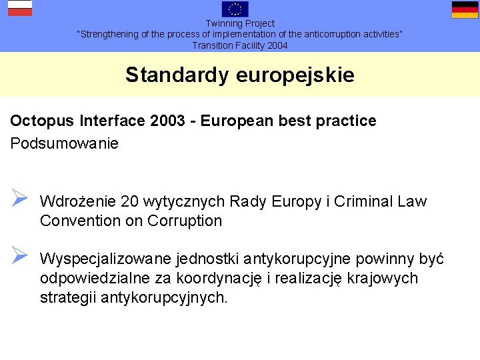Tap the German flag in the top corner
(x=465, y=9)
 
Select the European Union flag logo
(x=235, y=9)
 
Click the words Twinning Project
(x=240, y=23)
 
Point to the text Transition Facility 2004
(x=240, y=45)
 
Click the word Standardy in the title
(x=177, y=75)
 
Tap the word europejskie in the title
(x=295, y=75)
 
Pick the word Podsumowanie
(x=65, y=143)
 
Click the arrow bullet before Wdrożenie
(x=19, y=199)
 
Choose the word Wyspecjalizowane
(x=105, y=259)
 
